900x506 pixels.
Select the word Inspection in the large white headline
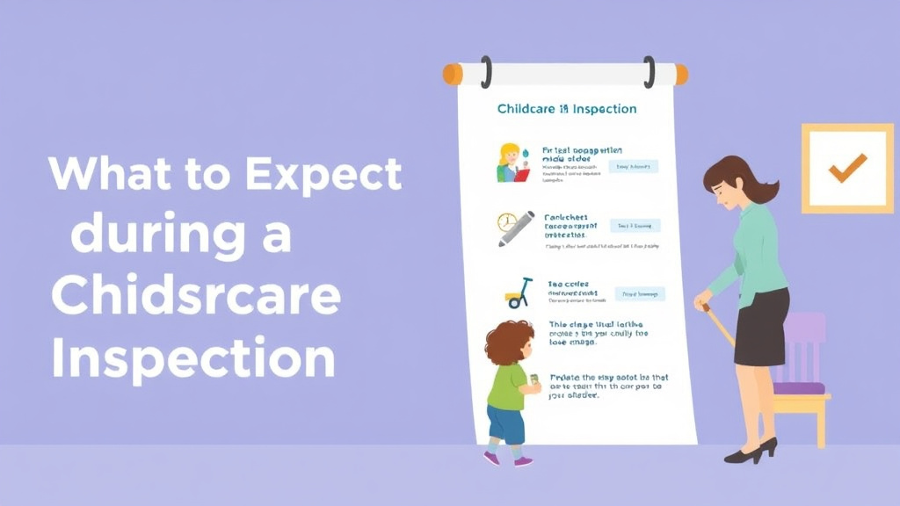coord(192,360)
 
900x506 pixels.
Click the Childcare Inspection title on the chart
coord(567,109)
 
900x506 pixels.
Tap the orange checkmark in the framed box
coord(846,168)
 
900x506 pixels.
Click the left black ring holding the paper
coord(486,71)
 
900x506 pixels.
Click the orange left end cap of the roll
coord(452,74)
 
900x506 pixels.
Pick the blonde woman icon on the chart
coord(512,163)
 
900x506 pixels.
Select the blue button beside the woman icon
coord(632,166)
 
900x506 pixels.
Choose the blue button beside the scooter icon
coord(639,293)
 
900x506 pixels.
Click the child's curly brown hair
coord(509,343)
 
